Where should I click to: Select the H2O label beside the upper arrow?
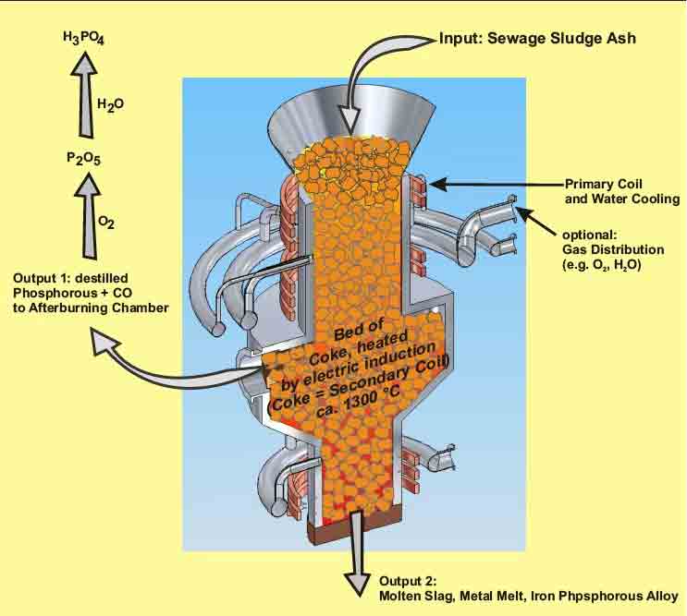tap(110, 104)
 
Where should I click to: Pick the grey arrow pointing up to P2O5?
tap(84, 213)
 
